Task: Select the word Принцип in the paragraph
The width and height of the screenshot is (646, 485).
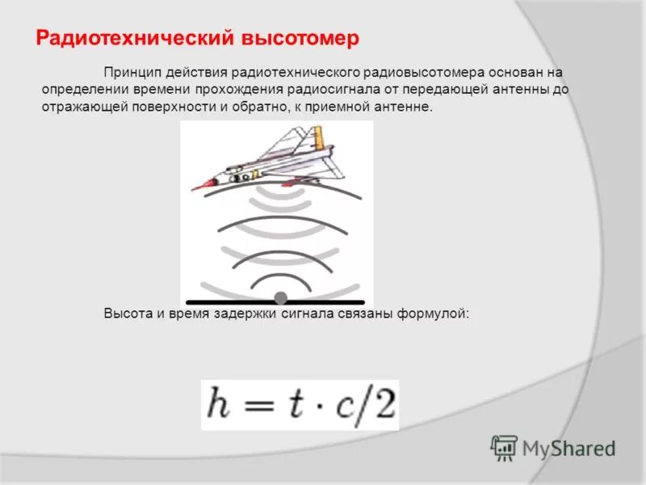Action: pos(128,73)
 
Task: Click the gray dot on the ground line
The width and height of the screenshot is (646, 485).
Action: pos(281,297)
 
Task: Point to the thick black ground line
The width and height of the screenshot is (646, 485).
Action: pos(226,301)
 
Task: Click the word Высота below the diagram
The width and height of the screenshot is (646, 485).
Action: pos(124,314)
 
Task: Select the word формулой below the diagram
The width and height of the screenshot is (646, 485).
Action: pos(431,314)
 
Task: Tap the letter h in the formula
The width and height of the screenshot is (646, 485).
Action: pos(220,404)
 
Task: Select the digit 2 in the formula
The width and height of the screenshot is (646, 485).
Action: pos(384,404)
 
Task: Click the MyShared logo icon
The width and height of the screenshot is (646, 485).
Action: pos(504,447)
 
